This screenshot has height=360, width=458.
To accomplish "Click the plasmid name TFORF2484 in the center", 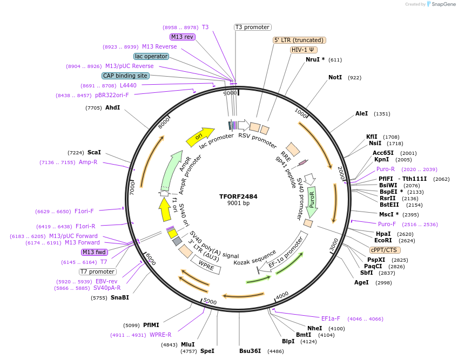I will pyautogui.click(x=238, y=196).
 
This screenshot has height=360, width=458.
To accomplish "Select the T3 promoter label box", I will pyautogui.click(x=252, y=27).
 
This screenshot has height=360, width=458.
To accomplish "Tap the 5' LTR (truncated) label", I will pyautogui.click(x=299, y=40).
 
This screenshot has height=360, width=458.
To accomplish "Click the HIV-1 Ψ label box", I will pyautogui.click(x=304, y=50).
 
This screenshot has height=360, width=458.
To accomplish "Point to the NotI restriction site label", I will pyautogui.click(x=335, y=78).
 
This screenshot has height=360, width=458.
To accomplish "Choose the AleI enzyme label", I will pyautogui.click(x=361, y=114).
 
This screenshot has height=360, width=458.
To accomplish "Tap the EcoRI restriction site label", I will pyautogui.click(x=383, y=241).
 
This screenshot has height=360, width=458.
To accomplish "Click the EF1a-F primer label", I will pyautogui.click(x=331, y=318).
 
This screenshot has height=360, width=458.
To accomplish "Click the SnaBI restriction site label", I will pyautogui.click(x=120, y=297).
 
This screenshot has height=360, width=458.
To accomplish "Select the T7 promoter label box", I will pyautogui.click(x=97, y=271).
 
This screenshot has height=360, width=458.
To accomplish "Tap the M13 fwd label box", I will pyautogui.click(x=95, y=252).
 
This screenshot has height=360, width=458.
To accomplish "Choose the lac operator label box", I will pyautogui.click(x=151, y=56).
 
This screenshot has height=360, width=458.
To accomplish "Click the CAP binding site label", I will pyautogui.click(x=125, y=76).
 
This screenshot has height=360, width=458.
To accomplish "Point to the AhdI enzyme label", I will pyautogui.click(x=112, y=108).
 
